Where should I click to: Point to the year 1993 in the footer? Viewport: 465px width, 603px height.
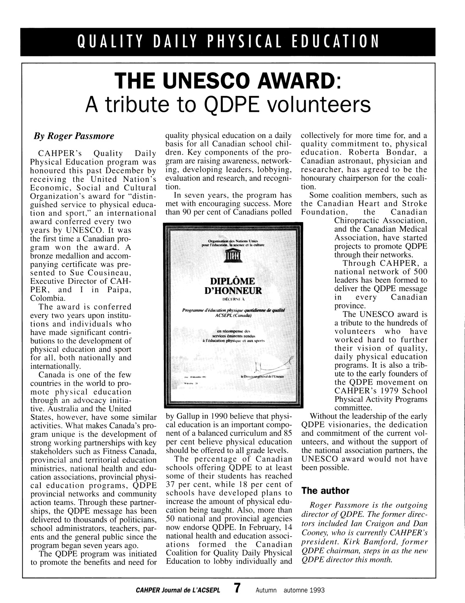[x=315, y=590]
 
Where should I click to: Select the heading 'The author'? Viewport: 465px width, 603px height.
[x=325, y=491]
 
